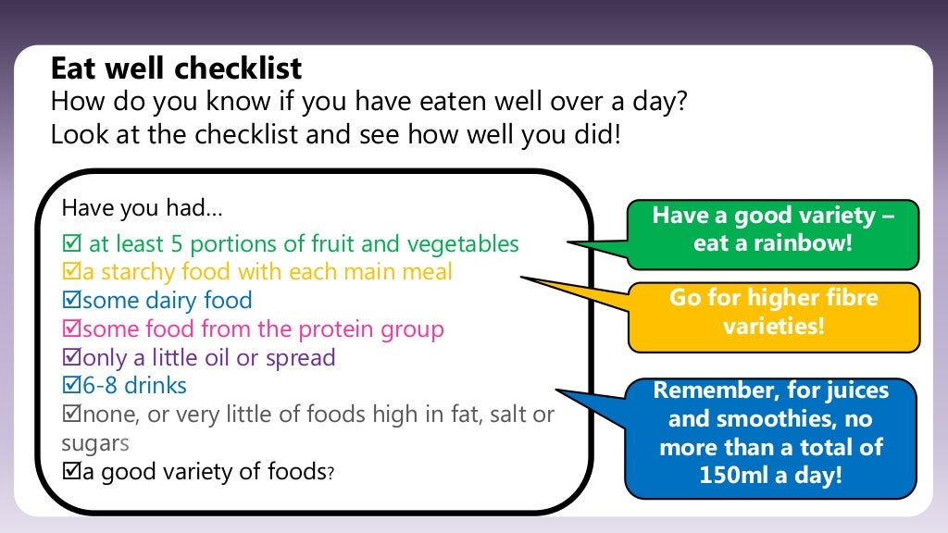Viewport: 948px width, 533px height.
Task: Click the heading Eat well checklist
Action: coord(176,68)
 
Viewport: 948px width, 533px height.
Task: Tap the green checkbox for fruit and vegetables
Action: coord(70,244)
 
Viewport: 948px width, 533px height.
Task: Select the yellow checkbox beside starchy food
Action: coord(70,273)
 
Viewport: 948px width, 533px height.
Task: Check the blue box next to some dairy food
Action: coord(70,301)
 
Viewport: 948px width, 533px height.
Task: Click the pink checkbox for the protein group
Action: coord(70,329)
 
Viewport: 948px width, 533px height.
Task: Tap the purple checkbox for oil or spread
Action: coord(70,358)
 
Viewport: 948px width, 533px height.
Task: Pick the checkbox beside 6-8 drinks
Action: coord(70,386)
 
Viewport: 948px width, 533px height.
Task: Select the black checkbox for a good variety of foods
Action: coord(70,472)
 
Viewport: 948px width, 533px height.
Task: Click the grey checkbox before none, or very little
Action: coord(70,415)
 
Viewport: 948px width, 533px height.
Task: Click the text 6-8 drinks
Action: coord(134,386)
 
